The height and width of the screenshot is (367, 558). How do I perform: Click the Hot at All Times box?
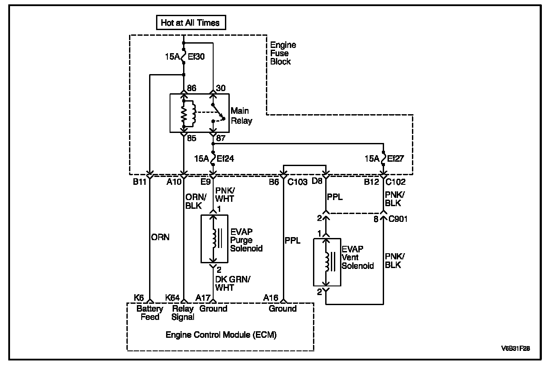pos(191,23)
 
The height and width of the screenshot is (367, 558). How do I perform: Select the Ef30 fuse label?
pos(196,56)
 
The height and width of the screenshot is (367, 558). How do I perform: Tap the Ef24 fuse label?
pos(225,159)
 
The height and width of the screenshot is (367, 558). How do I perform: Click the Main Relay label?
pos(242,116)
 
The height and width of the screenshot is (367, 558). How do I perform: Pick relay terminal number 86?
pos(191,88)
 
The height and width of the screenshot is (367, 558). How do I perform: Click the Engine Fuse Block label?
pos(283,53)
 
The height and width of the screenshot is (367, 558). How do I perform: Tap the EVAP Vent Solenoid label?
pos(358,257)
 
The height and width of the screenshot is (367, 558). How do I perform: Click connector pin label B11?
pos(139,182)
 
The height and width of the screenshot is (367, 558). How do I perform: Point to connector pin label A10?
pos(174,182)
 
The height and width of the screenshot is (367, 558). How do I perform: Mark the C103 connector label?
pos(299,182)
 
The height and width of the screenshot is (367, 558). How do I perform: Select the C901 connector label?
pos(398,219)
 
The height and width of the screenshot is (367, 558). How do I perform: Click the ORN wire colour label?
pos(160,238)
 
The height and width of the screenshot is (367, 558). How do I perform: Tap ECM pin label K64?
pos(173,298)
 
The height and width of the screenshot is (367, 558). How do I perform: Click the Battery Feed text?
pos(150,313)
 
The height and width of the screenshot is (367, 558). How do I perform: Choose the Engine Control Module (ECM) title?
pos(221,335)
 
